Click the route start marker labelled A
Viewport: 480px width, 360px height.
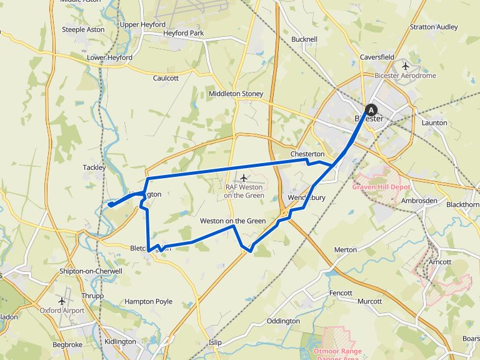tap(369, 108)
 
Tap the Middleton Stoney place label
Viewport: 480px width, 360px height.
tap(236, 94)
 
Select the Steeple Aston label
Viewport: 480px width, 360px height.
tap(82, 29)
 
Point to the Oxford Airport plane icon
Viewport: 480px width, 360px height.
tap(62, 301)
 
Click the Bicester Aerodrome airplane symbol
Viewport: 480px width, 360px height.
tap(406, 66)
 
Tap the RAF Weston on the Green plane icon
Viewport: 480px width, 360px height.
tap(244, 179)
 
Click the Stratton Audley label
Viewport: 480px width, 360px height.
tap(434, 27)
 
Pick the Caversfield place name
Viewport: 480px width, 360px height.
tap(377, 57)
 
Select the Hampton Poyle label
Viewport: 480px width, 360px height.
tap(148, 301)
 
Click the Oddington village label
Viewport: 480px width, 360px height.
tap(283, 321)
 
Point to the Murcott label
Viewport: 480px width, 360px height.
tap(369, 301)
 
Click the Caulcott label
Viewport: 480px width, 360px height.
tap(166, 78)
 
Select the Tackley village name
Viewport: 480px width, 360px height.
tap(94, 167)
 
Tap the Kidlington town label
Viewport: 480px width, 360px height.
tap(120, 341)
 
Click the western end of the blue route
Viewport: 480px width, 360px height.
tap(109, 204)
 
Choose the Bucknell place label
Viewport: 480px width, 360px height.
tap(304, 39)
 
